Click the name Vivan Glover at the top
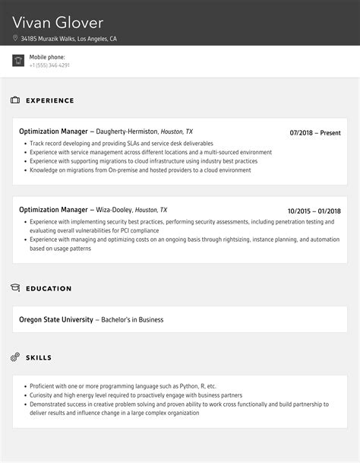58,22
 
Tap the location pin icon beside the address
15,39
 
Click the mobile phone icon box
18,61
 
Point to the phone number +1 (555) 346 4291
49,65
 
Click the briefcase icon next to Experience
15,100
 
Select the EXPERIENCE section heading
50,100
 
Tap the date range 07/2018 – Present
315,132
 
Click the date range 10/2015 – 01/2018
314,211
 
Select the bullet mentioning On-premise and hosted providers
140,170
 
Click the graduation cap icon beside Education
15,288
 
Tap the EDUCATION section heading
49,289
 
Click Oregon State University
56,319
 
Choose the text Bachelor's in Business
131,319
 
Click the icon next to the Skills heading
15,357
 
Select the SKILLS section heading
39,357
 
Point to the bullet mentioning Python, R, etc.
123,386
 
